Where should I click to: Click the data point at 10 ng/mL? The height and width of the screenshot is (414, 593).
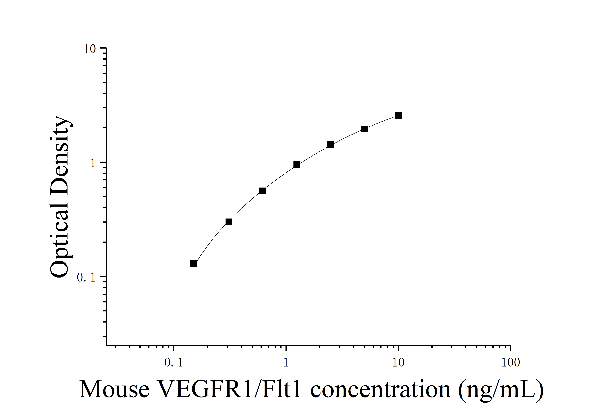[398, 115]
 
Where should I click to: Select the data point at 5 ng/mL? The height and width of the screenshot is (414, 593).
[364, 129]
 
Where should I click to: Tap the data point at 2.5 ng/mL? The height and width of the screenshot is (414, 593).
[330, 145]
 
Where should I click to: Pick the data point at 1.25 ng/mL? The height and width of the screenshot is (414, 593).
[297, 165]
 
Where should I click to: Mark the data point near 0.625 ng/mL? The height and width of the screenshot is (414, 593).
[262, 191]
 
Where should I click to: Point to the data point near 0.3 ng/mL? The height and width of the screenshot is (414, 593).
[229, 222]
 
